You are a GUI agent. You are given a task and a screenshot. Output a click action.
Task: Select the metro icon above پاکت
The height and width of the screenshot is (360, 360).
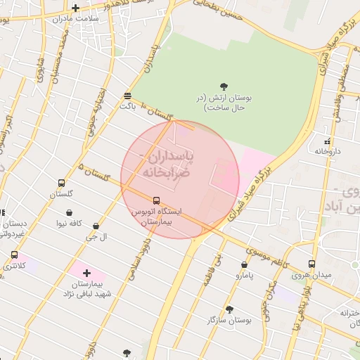tap(127, 96)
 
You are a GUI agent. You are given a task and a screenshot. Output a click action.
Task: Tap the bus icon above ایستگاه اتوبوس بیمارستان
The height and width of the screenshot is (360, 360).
tap(156, 200)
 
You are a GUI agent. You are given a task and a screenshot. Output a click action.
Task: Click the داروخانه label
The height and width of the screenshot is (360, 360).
tap(327, 151)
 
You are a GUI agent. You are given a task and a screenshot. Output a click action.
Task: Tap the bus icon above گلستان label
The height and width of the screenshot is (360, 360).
tap(61, 183)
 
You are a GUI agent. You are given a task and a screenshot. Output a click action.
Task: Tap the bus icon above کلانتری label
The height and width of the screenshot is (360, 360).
tap(14, 255)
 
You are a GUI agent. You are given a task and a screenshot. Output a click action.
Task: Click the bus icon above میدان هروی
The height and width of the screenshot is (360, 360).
tap(311, 264)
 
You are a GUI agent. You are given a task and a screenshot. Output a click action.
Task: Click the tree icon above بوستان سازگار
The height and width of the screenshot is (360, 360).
tap(229, 309)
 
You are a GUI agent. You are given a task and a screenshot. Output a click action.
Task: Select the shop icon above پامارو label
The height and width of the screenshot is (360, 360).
tap(244, 265)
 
